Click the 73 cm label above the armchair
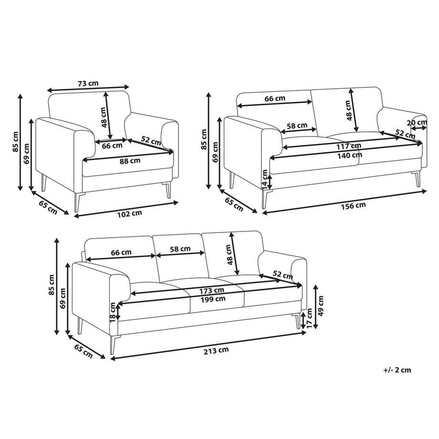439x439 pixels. [x=88, y=84]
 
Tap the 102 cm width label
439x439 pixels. [x=129, y=214]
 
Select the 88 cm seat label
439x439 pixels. [x=130, y=161]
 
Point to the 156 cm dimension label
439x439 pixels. [x=353, y=206]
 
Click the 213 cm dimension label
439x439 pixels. [x=216, y=350]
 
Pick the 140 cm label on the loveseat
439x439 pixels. [x=349, y=156]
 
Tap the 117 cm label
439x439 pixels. [x=348, y=146]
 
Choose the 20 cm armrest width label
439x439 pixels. [x=417, y=122]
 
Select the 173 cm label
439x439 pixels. [x=212, y=291]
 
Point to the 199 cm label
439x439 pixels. [x=213, y=299]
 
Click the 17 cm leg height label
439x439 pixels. [x=309, y=318]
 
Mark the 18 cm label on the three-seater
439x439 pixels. [x=113, y=312]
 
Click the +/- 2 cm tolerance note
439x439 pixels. [x=397, y=370]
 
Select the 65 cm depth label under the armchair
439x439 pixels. [x=48, y=208]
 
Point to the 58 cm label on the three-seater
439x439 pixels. [x=180, y=249]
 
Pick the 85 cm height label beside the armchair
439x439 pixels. [x=15, y=142]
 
